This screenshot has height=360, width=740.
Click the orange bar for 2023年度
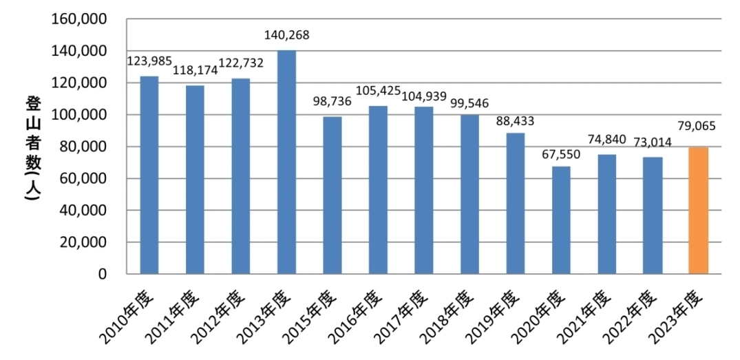click(x=698, y=210)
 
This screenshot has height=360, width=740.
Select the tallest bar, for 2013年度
click(x=286, y=162)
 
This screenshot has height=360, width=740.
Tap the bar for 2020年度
click(x=561, y=220)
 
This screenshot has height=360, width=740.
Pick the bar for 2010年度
click(x=149, y=175)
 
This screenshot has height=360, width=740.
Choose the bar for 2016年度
click(x=378, y=189)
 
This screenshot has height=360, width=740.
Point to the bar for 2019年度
click(x=515, y=203)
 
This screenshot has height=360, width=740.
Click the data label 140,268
click(x=287, y=36)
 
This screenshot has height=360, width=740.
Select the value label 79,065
click(x=698, y=128)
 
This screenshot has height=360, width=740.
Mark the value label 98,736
click(x=332, y=101)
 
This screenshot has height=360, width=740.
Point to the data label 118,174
click(x=195, y=70)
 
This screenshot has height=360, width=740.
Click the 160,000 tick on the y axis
click(x=79, y=19)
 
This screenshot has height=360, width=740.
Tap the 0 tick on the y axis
click(x=102, y=274)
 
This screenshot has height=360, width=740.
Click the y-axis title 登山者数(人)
click(x=32, y=147)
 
